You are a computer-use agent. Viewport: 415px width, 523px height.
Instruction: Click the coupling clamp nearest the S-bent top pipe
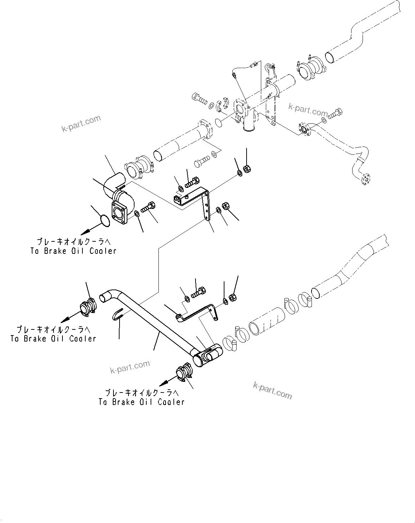pos(307,69)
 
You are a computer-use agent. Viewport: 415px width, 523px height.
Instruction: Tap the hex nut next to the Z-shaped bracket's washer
pos(232,297)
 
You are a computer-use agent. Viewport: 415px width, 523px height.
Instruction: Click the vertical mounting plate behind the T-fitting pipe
pos(271,107)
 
